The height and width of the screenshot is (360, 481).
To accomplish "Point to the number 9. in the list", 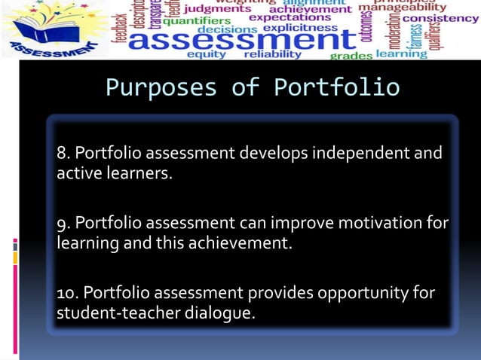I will pos(63,224).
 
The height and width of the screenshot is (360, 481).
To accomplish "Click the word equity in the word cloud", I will pos(206,54).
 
